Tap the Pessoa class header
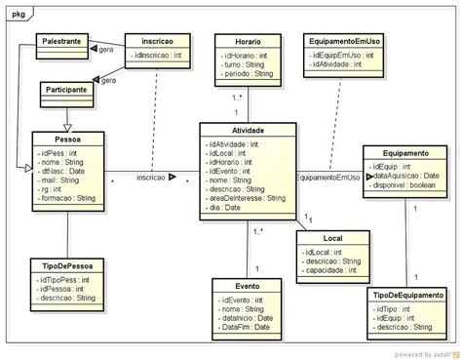click(68, 140)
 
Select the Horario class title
click(248, 43)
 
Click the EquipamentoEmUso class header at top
click(343, 43)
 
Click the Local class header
click(332, 238)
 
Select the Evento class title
click(248, 286)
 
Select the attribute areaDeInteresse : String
click(247, 198)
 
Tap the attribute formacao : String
click(67, 198)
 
